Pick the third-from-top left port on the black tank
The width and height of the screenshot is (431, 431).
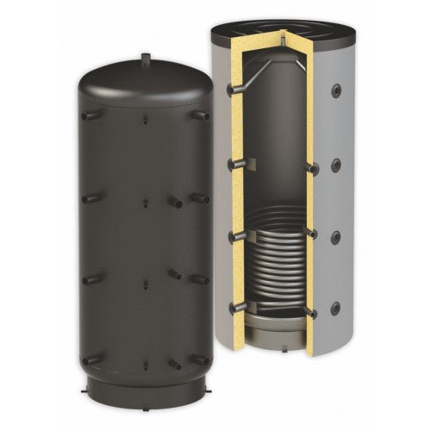click(x=90, y=278)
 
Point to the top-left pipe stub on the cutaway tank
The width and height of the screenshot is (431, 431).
click(x=230, y=88)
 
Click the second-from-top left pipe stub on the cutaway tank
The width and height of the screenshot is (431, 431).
click(x=230, y=161)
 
